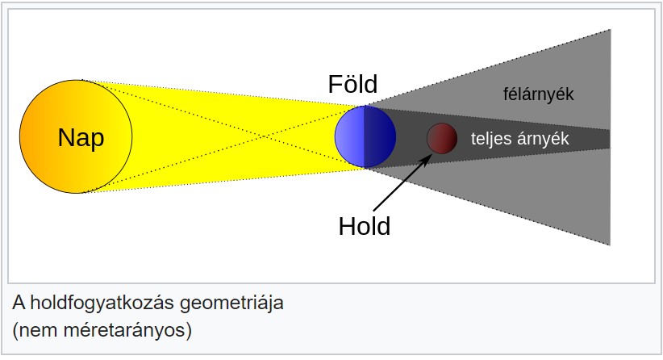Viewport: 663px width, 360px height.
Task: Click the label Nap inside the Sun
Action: pyautogui.click(x=81, y=138)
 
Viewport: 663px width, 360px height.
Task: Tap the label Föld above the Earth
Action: pyautogui.click(x=352, y=84)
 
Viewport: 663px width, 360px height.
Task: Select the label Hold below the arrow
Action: pyautogui.click(x=364, y=226)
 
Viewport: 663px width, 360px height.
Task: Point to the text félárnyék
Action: pyautogui.click(x=537, y=94)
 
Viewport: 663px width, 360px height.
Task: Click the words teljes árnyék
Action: pyautogui.click(x=520, y=139)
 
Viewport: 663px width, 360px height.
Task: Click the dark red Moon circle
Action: pyautogui.click(x=442, y=138)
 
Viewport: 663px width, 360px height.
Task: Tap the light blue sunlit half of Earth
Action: pyautogui.click(x=349, y=136)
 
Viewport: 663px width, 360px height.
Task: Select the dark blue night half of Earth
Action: pyautogui.click(x=380, y=136)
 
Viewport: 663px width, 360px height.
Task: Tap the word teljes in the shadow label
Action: pyautogui.click(x=490, y=139)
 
